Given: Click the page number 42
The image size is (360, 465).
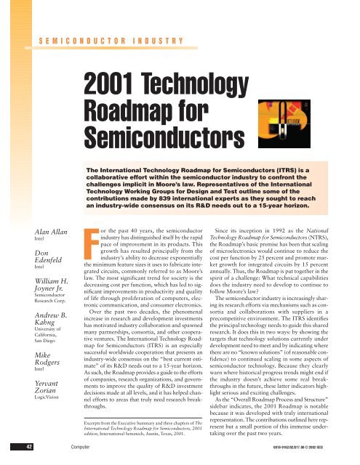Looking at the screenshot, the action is [x=13, y=460].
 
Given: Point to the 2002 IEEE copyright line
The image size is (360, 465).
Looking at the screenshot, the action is [x=319, y=460].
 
